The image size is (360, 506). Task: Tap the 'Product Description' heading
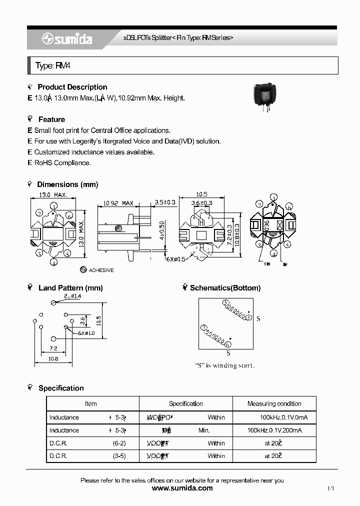pos(72,87)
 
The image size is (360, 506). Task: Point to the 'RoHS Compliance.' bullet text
pos(62,163)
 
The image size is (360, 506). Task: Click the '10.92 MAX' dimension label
pos(118,203)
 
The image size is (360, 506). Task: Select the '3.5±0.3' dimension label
pos(164,202)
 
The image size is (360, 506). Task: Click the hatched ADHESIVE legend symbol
pos(83,269)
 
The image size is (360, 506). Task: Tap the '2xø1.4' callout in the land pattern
pos(72,297)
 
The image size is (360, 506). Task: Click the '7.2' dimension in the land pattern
pos(53,348)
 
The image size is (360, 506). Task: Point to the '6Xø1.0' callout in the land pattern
pos(86,333)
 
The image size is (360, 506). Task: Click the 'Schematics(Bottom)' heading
pos(225,288)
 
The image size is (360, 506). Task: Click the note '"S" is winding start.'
pos(224,365)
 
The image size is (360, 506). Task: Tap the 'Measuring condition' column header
pos(274,403)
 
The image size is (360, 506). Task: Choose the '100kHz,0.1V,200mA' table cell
pos(274,430)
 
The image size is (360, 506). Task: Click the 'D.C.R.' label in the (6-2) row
pos(58,443)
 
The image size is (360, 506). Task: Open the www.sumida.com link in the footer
pos(182,488)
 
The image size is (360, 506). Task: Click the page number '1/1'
pos(330,488)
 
